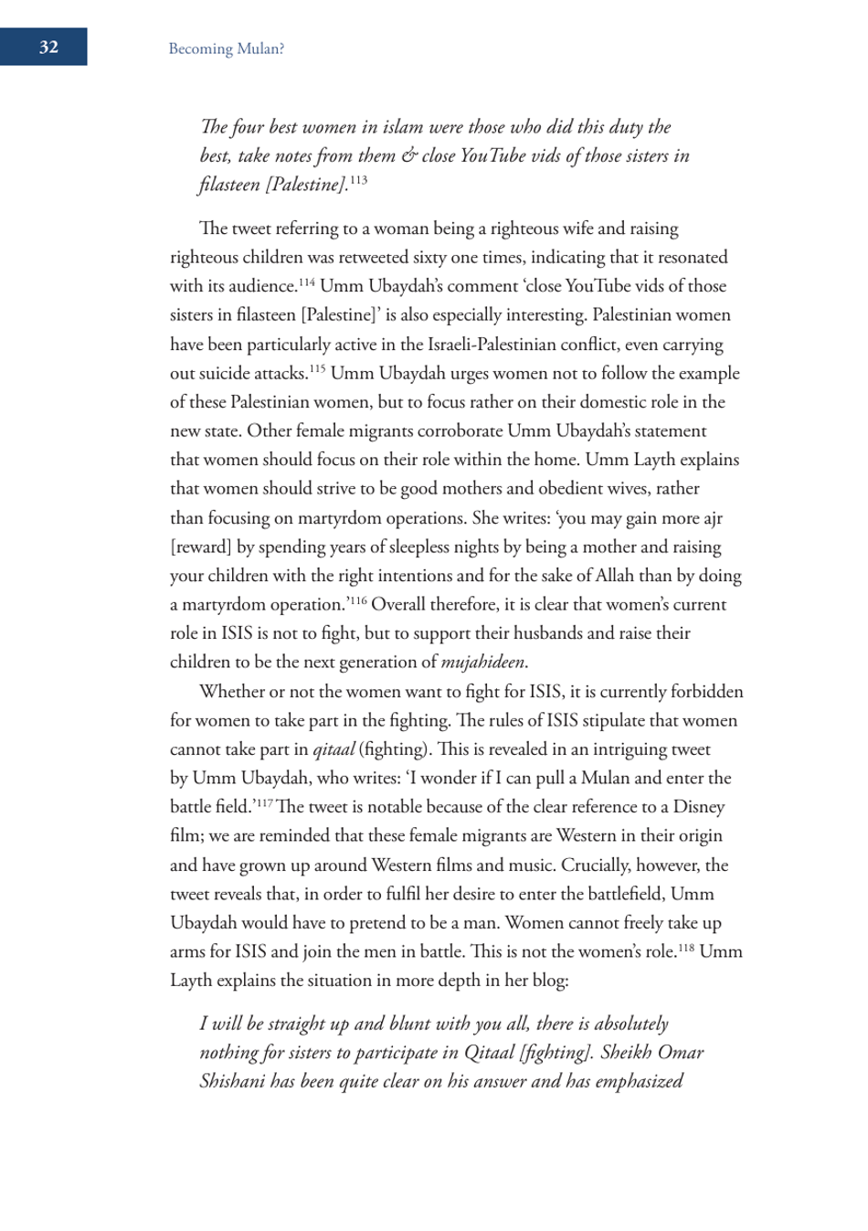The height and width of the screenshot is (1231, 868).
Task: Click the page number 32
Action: point(48,48)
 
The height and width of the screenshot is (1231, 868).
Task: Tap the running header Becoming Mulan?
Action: point(226,49)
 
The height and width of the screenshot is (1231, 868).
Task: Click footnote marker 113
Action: point(358,180)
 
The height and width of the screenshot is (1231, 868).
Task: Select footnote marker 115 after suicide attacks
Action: point(316,368)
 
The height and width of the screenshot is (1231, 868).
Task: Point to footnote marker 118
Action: point(683,947)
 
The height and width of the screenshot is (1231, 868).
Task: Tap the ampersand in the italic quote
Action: point(408,156)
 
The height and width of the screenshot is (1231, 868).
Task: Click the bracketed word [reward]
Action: point(201,547)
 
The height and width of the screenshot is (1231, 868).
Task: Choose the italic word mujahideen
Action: point(483,663)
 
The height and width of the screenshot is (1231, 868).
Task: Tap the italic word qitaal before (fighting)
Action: point(333,749)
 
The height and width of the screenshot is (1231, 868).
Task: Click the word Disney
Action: point(699,807)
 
